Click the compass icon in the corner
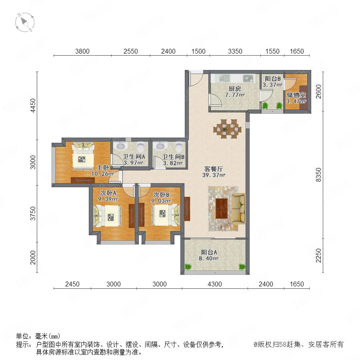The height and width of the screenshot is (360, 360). (25, 22)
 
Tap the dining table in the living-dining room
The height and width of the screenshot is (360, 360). (227, 129)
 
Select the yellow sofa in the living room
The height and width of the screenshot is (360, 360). (238, 208)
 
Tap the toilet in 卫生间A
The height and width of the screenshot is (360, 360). (140, 147)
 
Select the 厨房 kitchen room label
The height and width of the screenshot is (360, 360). (234, 89)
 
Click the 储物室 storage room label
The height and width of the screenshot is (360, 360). (296, 95)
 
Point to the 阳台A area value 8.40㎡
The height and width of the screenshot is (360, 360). (209, 258)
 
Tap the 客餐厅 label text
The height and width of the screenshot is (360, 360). (214, 169)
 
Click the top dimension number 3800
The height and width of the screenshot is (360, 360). (82, 51)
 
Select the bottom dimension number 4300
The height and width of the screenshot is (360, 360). (215, 284)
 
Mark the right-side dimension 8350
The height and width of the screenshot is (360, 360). (318, 175)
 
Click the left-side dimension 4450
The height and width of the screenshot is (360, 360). (33, 105)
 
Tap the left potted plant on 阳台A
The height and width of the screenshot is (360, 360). (188, 266)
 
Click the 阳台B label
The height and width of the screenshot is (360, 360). (272, 79)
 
